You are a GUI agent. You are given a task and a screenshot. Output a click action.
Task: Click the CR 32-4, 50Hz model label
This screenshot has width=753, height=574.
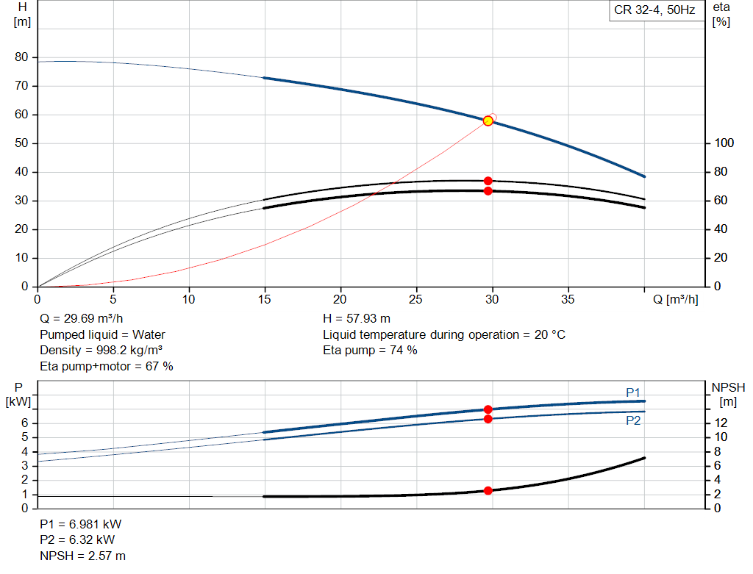[654, 10]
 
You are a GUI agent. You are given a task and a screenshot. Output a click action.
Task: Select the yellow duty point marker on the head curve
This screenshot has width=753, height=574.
[488, 121]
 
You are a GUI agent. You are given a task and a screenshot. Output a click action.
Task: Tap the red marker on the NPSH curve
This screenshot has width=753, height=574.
[488, 490]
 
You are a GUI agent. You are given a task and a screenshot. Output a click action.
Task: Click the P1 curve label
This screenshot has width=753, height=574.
[633, 392]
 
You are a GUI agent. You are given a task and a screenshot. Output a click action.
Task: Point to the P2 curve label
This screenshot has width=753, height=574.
[633, 420]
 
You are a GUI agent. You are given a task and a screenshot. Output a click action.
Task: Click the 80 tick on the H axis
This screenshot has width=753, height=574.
[21, 57]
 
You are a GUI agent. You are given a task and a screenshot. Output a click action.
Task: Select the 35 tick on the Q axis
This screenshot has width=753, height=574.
[568, 299]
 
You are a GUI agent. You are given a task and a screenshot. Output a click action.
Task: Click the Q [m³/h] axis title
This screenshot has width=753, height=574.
[675, 299]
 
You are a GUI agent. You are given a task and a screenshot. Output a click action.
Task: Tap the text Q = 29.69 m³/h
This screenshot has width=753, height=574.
[82, 319]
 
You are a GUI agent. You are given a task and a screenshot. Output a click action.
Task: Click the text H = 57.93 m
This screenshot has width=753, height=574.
[356, 319]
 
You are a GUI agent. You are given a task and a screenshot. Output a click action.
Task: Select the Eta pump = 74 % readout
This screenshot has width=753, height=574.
[370, 350]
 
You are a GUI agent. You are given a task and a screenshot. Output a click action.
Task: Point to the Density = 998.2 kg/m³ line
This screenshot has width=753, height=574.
[101, 350]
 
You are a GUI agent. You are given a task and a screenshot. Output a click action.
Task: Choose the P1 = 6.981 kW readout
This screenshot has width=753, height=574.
[81, 525]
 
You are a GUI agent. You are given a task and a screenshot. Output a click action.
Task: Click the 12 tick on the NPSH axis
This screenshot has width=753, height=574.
[722, 423]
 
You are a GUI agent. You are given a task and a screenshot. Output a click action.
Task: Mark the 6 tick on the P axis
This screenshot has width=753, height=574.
[24, 423]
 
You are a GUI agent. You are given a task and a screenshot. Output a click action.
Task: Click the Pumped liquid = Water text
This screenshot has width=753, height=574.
[102, 334]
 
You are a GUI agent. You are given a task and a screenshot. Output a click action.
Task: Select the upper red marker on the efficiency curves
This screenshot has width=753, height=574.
[488, 181]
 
